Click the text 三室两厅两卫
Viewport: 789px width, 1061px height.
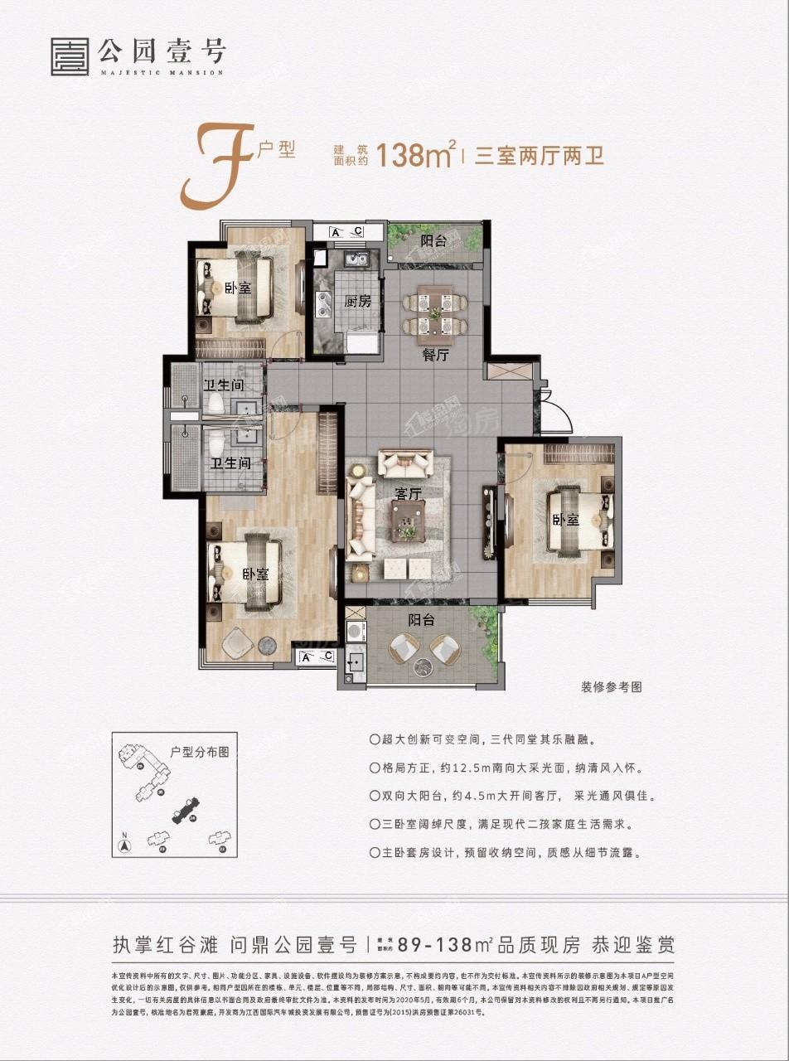coord(539,156)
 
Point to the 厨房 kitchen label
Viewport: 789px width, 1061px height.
coord(357,301)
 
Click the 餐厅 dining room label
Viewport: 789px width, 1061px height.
coord(434,356)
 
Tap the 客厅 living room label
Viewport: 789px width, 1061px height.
coord(409,493)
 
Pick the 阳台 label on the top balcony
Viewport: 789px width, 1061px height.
coord(433,241)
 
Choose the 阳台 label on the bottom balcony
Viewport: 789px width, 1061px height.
coord(422,618)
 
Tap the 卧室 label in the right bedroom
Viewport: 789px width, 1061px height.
coord(566,520)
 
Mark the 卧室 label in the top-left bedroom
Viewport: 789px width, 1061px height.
coord(238,288)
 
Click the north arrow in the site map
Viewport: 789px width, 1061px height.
coord(123,845)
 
